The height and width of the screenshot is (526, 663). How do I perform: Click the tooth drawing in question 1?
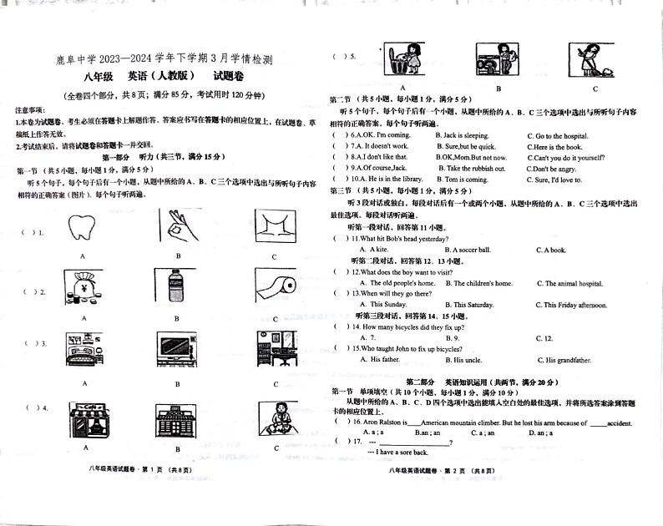(84, 227)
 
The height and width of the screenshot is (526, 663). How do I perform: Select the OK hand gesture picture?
(177, 227)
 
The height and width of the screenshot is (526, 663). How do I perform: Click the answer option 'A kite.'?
(373, 250)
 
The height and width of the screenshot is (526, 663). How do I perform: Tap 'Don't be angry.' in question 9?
(552, 169)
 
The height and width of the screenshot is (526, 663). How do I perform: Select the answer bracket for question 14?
(341, 326)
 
